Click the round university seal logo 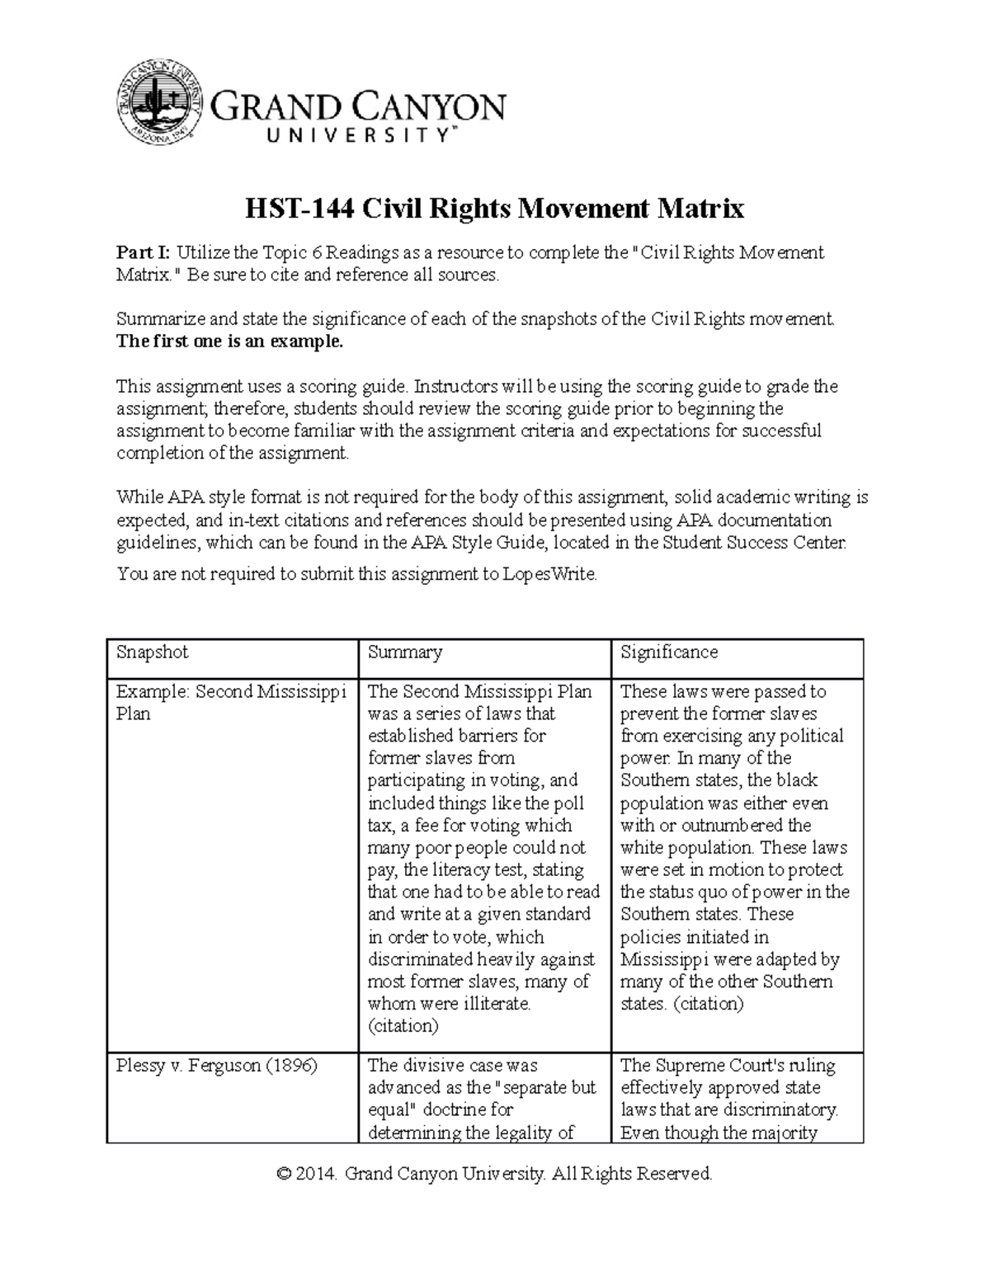point(158,101)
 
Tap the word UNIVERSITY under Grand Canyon point(357,136)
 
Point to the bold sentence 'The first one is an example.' point(229,341)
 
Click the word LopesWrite point(549,574)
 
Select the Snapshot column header point(153,652)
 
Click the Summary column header point(405,652)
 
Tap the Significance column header point(669,652)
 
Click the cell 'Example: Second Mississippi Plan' point(231,702)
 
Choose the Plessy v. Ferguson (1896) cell point(217,1066)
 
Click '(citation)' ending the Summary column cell point(403,1026)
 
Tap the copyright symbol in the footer point(285,1174)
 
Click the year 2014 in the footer point(318,1174)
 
